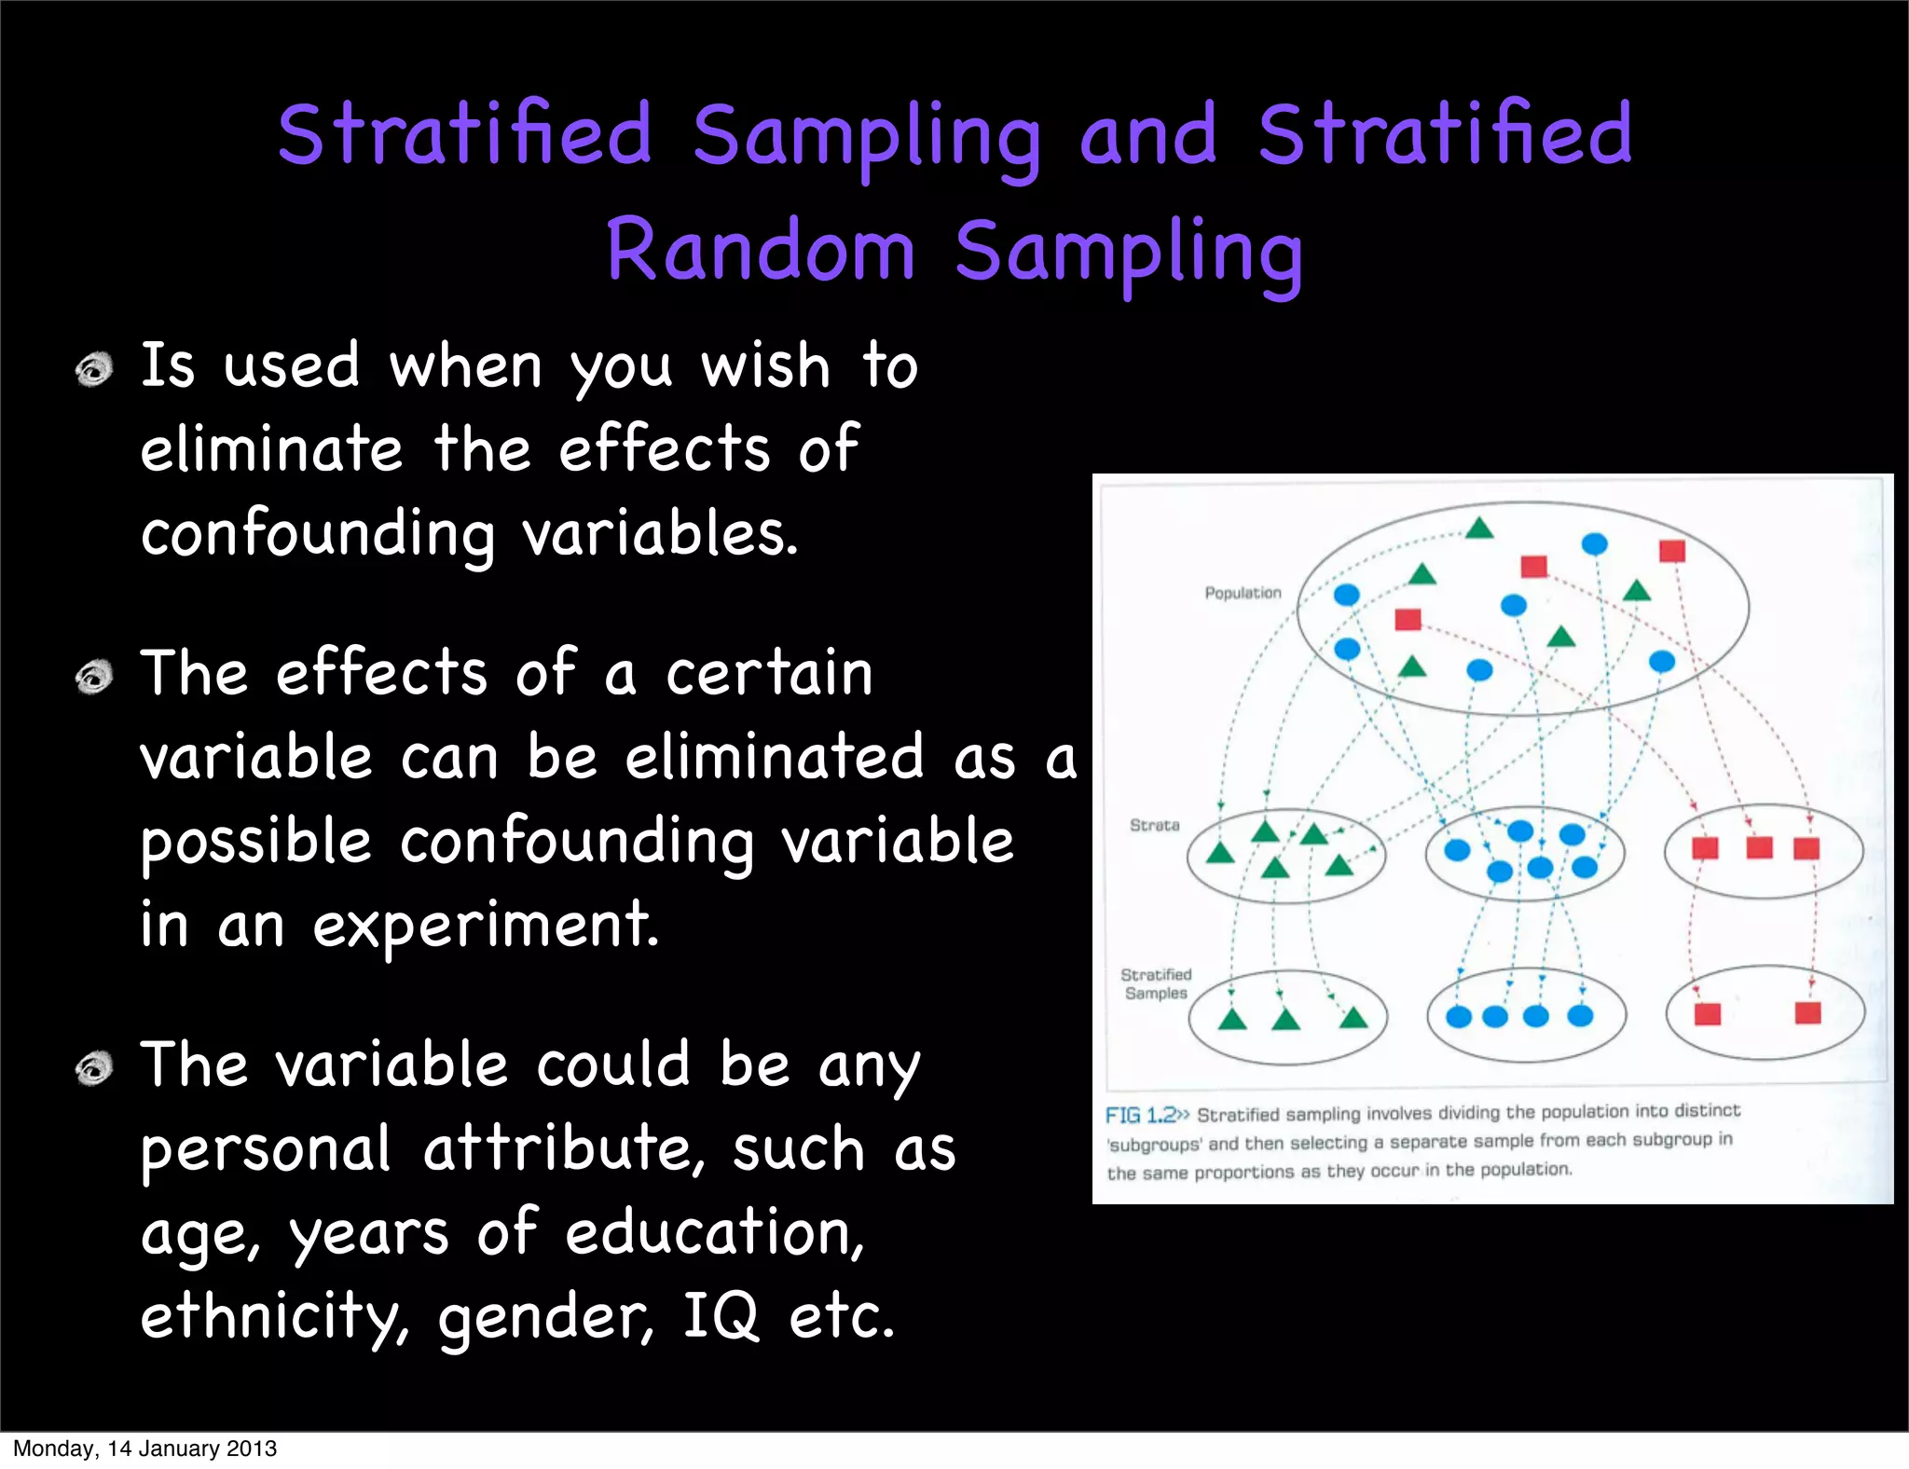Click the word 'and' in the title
click(1147, 135)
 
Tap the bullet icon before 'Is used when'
click(94, 370)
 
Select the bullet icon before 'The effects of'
click(94, 677)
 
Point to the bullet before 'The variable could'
click(94, 1068)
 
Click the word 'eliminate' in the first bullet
click(271, 449)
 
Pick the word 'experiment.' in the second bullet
click(486, 927)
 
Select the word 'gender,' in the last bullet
click(546, 1318)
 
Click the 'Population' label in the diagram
click(1243, 593)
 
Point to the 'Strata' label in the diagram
click(1154, 825)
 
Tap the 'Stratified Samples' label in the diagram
click(1156, 983)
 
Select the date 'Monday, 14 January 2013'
click(144, 1448)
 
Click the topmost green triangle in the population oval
click(1479, 529)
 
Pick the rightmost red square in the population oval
click(1672, 551)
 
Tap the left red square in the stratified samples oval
click(1707, 1014)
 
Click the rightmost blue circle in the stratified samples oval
click(1580, 1016)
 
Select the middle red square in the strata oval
click(1759, 847)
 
